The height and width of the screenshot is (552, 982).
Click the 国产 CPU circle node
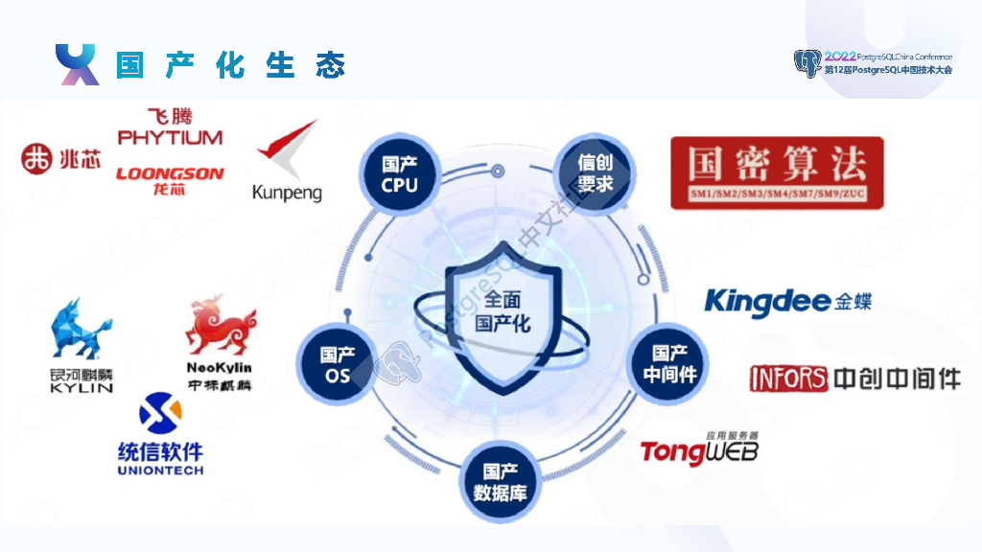[x=400, y=173]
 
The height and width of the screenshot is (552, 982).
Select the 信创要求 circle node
[x=596, y=173]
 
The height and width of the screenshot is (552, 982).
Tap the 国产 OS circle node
[x=338, y=366]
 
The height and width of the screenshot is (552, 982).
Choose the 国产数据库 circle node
[x=501, y=483]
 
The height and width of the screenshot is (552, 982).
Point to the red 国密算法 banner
[x=777, y=172]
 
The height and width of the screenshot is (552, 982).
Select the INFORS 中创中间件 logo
[x=855, y=378]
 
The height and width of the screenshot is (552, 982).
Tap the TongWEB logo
[x=699, y=449]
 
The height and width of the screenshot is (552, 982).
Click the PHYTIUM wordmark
[x=170, y=138]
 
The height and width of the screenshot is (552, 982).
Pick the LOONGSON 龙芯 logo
[x=170, y=179]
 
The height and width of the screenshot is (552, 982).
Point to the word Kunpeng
[x=287, y=193]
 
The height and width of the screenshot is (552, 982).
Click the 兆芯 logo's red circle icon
[x=37, y=159]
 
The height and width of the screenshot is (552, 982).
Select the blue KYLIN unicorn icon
[x=81, y=332]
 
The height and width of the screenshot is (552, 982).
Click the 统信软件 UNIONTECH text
[x=160, y=459]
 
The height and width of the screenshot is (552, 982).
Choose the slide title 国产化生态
[x=230, y=65]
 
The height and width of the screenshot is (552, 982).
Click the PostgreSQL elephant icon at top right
[x=807, y=63]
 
